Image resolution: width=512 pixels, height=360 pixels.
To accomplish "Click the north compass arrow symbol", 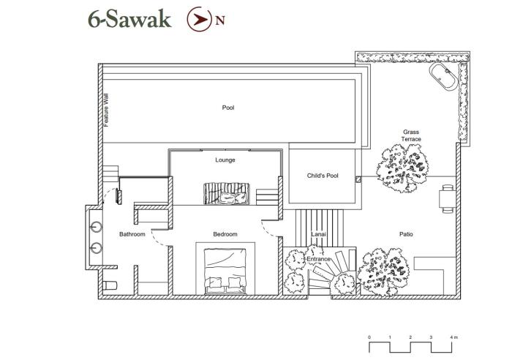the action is coord(199,19).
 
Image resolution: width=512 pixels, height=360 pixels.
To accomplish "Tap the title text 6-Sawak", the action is coord(129,19).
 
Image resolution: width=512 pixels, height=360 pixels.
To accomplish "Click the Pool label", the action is coord(228,108).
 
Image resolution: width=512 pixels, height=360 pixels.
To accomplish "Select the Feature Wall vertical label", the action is coord(106,110).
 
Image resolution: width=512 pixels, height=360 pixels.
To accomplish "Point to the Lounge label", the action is coord(225,160).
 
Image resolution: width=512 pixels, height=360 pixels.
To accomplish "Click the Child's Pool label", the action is coord(323,176).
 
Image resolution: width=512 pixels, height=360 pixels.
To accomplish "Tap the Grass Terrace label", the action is coord(411,135).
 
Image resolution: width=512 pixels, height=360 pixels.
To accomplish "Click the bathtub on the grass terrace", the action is coord(444,76).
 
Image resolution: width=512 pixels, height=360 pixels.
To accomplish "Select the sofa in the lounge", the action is coord(227,194).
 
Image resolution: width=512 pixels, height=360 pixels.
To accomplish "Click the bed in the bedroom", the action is coord(225,271).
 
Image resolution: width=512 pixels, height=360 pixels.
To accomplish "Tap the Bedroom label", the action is coord(225,234).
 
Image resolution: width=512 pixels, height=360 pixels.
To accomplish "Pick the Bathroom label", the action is coord(132,234).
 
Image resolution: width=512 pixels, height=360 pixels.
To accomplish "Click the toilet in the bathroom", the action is coord(110,285).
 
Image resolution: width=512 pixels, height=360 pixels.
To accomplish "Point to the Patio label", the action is coord(406,234).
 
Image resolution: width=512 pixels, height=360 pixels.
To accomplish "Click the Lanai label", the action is coord(318,234).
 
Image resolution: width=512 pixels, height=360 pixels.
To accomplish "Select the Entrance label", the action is coord(318,259).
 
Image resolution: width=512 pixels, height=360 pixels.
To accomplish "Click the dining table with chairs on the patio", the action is coord(448,198).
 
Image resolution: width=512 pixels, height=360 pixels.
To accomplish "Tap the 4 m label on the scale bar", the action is coord(453,337).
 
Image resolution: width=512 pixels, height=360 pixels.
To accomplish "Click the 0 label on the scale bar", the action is coord(369,337).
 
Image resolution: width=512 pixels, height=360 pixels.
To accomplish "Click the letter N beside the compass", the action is coord(220,20).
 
